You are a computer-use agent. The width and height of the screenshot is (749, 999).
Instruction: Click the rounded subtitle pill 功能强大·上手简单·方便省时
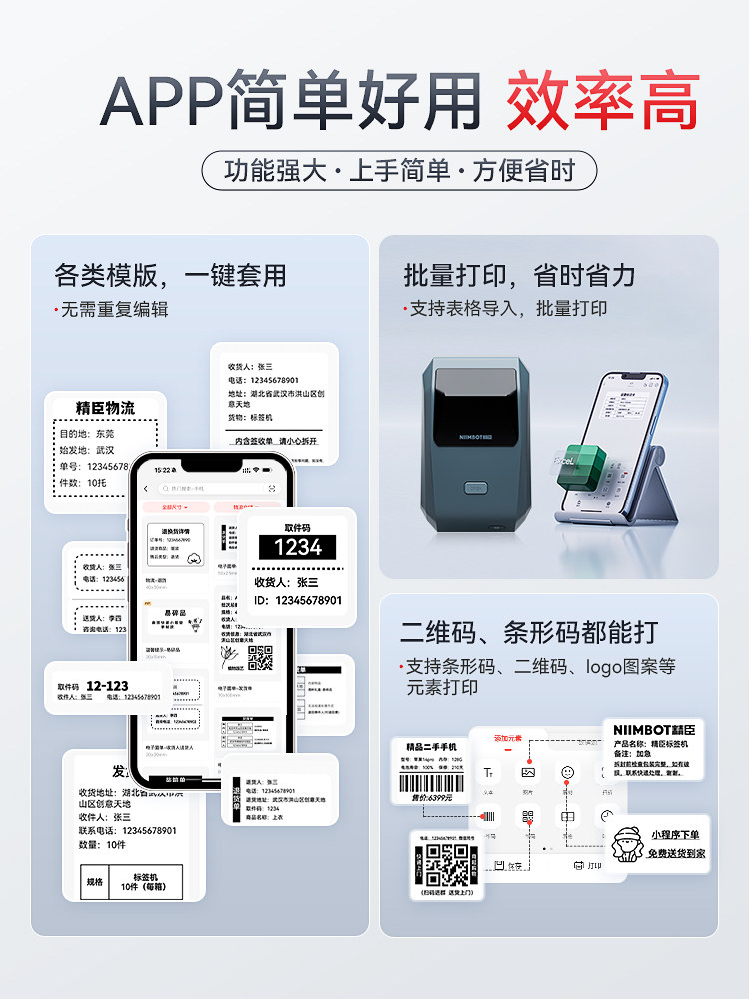click(399, 170)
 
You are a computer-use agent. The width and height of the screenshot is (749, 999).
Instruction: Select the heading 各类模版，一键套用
click(170, 275)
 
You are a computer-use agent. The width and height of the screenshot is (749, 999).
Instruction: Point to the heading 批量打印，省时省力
click(519, 275)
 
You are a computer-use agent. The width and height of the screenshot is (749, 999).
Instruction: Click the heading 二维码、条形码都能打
click(529, 632)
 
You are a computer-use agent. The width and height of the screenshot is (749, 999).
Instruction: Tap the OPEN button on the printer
click(477, 489)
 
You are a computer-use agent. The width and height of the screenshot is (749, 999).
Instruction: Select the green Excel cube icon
click(581, 466)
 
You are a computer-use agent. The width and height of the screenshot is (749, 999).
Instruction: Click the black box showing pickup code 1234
click(298, 546)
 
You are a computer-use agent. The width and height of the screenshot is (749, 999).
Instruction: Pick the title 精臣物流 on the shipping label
click(105, 408)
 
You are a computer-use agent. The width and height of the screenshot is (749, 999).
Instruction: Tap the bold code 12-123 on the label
click(107, 686)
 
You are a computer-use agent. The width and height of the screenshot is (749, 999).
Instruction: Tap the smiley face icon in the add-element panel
click(567, 772)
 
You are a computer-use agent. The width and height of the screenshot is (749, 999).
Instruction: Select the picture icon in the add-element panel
click(528, 772)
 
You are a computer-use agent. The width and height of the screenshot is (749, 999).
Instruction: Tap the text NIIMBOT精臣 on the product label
click(653, 730)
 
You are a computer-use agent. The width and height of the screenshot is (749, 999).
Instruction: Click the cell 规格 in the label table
click(95, 882)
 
